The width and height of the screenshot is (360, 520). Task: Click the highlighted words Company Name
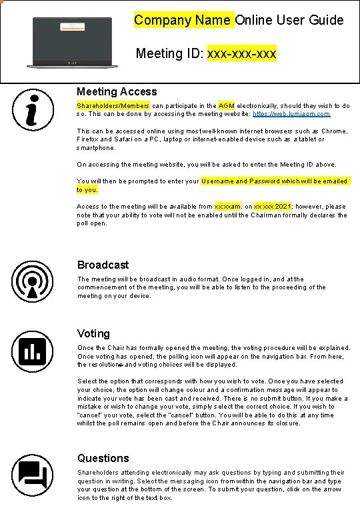183,19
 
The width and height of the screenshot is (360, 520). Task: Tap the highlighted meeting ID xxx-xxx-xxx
242,53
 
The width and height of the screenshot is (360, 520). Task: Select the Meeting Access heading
117,91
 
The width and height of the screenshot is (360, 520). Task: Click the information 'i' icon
31,111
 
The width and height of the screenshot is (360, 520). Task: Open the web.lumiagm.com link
291,114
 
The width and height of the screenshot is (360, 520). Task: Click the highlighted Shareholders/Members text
113,106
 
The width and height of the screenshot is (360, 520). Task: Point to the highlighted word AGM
226,106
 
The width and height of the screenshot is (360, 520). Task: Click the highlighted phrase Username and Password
240,181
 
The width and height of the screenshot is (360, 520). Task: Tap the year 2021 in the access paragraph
283,207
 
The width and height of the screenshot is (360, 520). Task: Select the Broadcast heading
103,265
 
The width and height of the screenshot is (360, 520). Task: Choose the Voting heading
93,333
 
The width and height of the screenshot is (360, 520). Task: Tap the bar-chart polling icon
31,351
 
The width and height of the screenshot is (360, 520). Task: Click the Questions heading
103,458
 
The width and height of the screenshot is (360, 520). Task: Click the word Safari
128,139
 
